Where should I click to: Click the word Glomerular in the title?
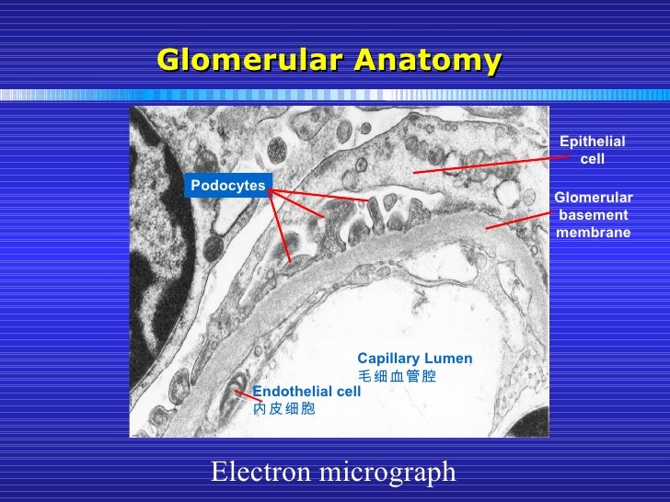(x=249, y=61)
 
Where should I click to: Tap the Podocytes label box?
(x=227, y=186)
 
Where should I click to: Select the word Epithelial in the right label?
(x=593, y=141)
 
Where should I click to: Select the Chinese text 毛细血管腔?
(x=397, y=376)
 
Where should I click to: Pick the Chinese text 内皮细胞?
(x=284, y=407)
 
